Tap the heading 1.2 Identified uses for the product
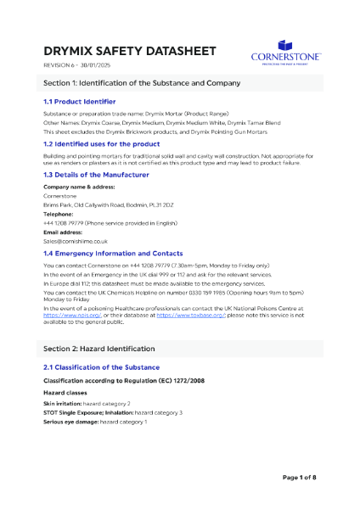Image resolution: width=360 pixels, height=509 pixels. coord(104,144)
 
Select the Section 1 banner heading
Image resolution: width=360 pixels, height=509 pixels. coord(142,83)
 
